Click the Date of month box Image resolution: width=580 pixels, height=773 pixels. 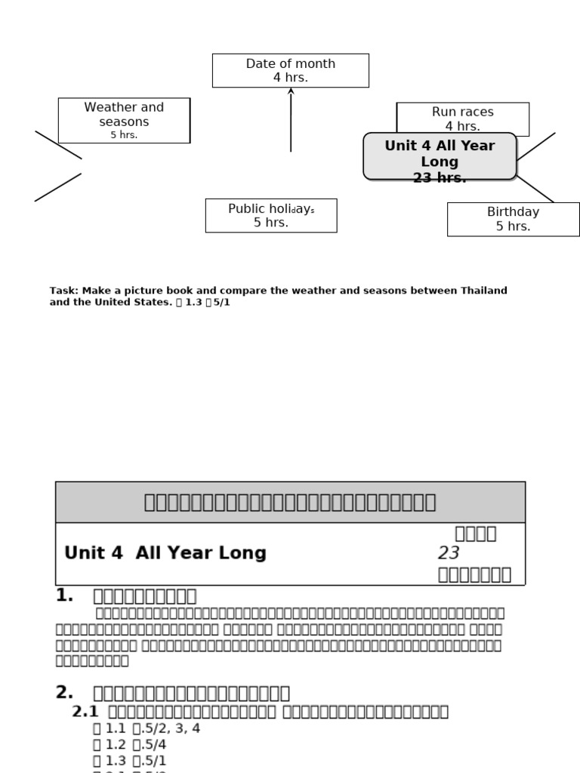tap(291, 70)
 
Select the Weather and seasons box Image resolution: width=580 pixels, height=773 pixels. tap(124, 120)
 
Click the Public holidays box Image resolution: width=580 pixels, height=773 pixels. tap(271, 215)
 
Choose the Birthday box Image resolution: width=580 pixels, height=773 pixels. tap(514, 219)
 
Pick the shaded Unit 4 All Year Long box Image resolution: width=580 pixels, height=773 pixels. tap(440, 156)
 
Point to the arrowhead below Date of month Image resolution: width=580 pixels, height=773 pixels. tap(291, 91)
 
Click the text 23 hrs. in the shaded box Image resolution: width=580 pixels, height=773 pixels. tap(440, 178)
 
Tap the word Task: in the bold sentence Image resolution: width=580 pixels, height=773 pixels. tap(64, 291)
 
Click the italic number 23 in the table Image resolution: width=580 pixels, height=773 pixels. tap(449, 553)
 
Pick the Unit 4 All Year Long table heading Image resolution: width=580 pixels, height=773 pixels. tap(165, 553)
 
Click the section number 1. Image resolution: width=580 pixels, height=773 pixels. tap(64, 596)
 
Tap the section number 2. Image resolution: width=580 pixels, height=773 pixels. tap(64, 692)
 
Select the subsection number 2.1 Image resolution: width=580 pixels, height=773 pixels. tap(85, 711)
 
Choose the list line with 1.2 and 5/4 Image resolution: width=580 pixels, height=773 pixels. tap(129, 744)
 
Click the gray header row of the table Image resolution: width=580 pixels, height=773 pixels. tap(290, 502)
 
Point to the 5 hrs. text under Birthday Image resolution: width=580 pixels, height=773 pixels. tap(514, 226)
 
